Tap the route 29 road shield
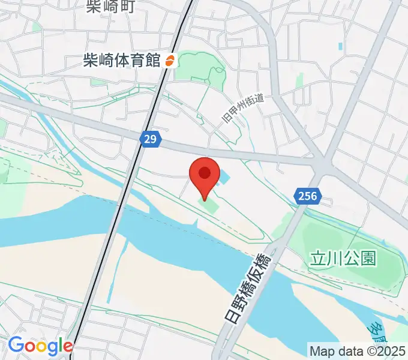tap(151, 139)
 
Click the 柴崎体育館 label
tap(122, 61)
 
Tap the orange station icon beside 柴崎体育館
tap(169, 61)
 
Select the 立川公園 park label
tap(343, 259)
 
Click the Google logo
tap(40, 346)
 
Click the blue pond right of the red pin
tap(223, 178)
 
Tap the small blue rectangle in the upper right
tap(340, 46)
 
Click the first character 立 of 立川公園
tap(318, 259)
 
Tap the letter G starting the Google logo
tap(16, 346)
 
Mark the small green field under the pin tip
tap(208, 207)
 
